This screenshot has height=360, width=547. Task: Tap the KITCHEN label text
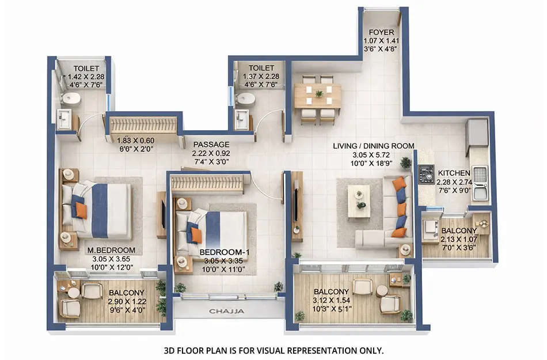[x=454, y=173]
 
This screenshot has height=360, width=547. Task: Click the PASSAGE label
[x=211, y=144]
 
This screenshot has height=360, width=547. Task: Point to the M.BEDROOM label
[x=111, y=251]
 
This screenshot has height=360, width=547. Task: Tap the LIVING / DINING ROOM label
[x=373, y=146]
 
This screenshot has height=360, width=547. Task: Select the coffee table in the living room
[x=359, y=200]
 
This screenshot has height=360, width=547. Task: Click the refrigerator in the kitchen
[x=477, y=134]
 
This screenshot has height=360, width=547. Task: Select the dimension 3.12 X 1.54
[x=332, y=301]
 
